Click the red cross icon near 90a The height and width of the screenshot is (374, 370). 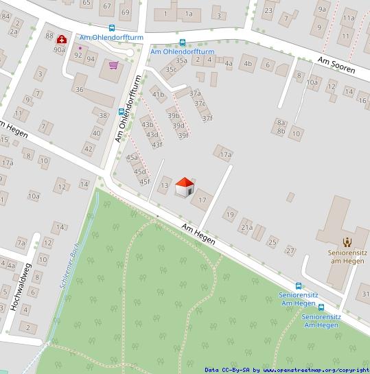(62, 40)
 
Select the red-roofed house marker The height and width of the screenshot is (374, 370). (184, 187)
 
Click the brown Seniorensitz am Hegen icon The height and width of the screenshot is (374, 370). (347, 242)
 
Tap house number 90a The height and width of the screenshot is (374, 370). (60, 50)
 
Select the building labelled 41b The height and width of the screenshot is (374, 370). (159, 95)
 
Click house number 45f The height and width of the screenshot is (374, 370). (144, 182)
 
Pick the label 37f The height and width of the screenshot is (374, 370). (207, 118)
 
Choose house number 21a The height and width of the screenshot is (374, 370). (246, 227)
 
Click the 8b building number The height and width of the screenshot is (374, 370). (281, 130)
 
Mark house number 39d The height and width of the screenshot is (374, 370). (178, 126)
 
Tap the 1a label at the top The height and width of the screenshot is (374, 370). (188, 14)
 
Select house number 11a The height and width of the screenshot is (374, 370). (349, 18)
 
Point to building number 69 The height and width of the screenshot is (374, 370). (125, 12)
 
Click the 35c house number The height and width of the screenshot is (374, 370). (171, 69)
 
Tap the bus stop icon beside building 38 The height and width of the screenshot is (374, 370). (122, 112)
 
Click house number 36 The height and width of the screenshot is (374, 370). (80, 90)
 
